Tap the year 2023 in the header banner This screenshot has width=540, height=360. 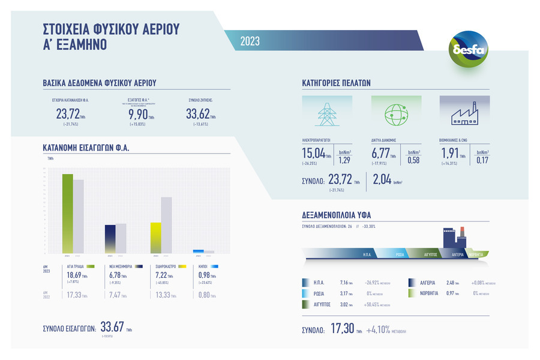[250, 41]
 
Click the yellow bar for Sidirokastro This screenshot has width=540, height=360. [156, 238]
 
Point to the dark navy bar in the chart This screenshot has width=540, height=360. [110, 239]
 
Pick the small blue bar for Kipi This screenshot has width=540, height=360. [199, 251]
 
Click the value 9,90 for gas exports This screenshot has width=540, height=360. [138, 114]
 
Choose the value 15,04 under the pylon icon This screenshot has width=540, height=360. [313, 154]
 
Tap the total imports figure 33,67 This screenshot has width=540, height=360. [112, 327]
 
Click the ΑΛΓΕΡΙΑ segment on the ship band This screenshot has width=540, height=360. [454, 254]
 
